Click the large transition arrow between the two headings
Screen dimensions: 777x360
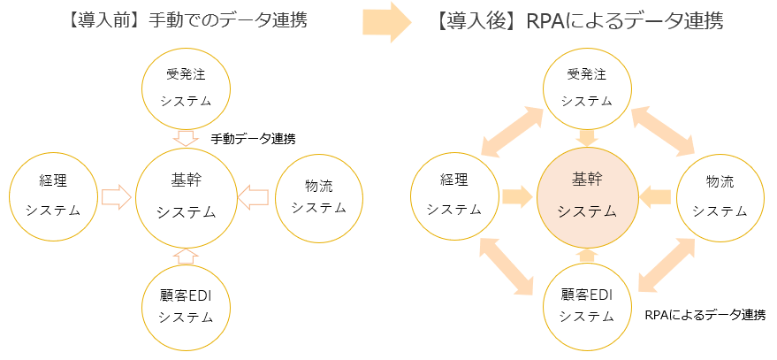click(387, 22)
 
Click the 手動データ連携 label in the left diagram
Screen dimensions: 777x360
click(253, 140)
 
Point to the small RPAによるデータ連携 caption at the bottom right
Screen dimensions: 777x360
click(705, 315)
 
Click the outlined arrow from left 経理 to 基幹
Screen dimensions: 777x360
click(116, 197)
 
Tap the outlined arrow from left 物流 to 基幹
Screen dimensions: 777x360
click(253, 197)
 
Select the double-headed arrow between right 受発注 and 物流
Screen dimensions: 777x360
click(663, 131)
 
